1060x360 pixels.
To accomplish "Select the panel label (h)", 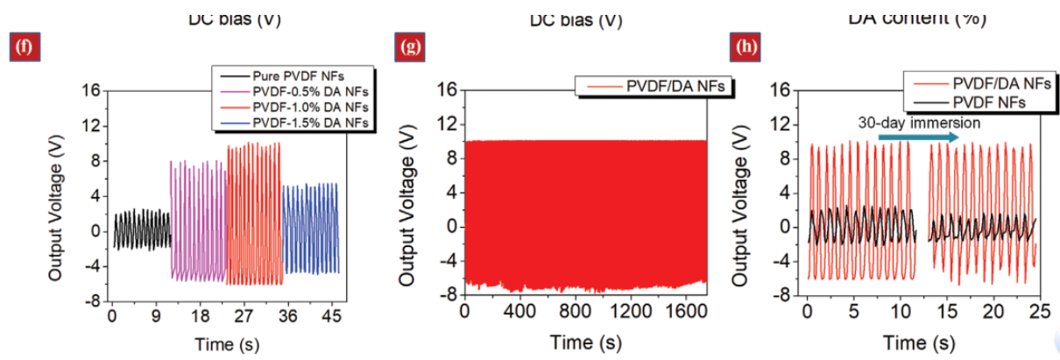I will [746, 46].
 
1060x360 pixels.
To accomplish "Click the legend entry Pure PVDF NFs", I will [288, 76].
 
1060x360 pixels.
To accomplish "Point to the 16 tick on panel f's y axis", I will [90, 90].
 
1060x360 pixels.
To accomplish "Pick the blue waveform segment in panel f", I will [310, 228].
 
